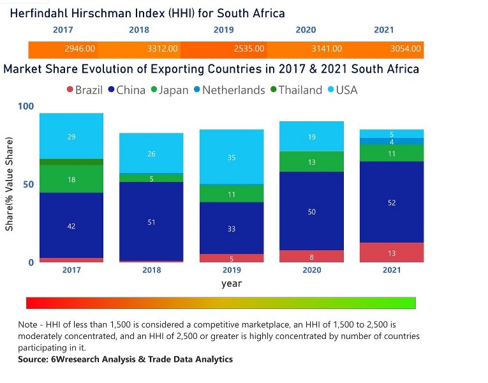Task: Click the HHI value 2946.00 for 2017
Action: point(80,49)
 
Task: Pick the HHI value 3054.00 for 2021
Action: point(406,49)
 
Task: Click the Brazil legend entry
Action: point(84,90)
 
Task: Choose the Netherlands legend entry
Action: point(228,90)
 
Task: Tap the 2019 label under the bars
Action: point(232,270)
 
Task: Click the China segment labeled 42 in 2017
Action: point(71,225)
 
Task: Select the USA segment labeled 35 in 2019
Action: point(232,157)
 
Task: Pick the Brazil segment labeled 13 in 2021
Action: point(392,253)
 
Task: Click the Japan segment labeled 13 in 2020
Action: point(312,162)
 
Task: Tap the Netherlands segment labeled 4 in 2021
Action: point(392,141)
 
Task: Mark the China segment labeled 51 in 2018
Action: point(151,222)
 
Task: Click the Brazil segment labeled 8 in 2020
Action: point(312,257)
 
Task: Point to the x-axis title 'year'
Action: point(232,283)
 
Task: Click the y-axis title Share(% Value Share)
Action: point(10,184)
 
